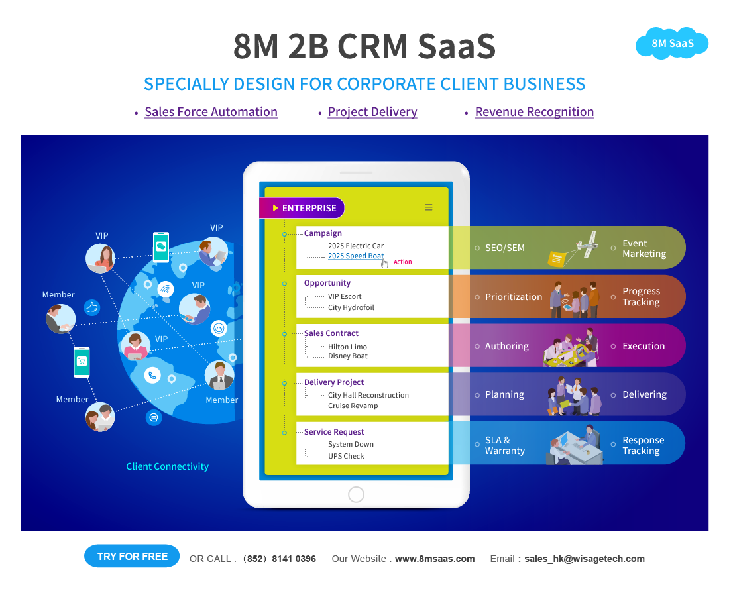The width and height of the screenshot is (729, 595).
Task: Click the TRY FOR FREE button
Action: tap(132, 557)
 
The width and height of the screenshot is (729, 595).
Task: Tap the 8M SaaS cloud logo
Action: tap(672, 44)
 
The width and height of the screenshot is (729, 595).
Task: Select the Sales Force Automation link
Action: tap(211, 112)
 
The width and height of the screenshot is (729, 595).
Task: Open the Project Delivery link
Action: tap(372, 112)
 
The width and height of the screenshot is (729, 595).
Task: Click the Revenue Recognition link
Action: tap(534, 112)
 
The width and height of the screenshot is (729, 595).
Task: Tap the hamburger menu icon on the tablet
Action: tap(429, 207)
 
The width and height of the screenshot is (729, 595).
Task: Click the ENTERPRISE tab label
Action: tap(309, 208)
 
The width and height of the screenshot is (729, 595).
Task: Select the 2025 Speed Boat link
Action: tap(356, 256)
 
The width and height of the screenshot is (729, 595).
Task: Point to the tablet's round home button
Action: tap(356, 494)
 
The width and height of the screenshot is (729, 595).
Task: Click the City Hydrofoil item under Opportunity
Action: tap(351, 307)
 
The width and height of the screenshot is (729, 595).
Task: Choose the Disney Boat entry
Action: tap(347, 356)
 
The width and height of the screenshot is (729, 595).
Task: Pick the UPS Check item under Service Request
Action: tap(346, 456)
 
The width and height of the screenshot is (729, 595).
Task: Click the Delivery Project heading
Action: tap(334, 382)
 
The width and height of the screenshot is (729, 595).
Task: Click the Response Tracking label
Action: tap(642, 445)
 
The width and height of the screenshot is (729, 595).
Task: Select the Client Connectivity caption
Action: tap(167, 466)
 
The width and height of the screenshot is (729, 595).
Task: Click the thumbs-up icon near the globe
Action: tap(91, 307)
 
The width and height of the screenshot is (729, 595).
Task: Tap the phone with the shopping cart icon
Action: tap(82, 362)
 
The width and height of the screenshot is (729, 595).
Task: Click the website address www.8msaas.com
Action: tap(435, 559)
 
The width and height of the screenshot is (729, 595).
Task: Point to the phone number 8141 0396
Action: tap(294, 559)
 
